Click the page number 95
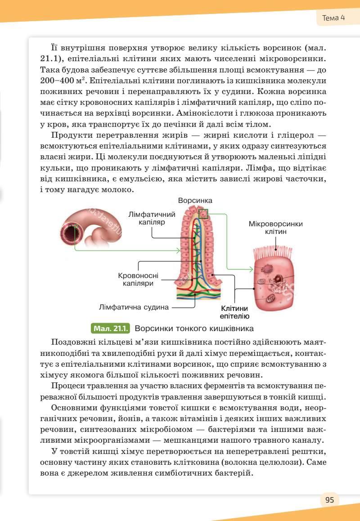click(329, 500)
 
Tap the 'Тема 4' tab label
click(333, 18)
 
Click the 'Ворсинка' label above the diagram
click(195, 200)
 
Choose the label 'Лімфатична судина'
click(134, 308)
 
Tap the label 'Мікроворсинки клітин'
click(276, 228)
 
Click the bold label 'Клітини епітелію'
click(234, 312)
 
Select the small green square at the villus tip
click(203, 214)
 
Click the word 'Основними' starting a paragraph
click(73, 408)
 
